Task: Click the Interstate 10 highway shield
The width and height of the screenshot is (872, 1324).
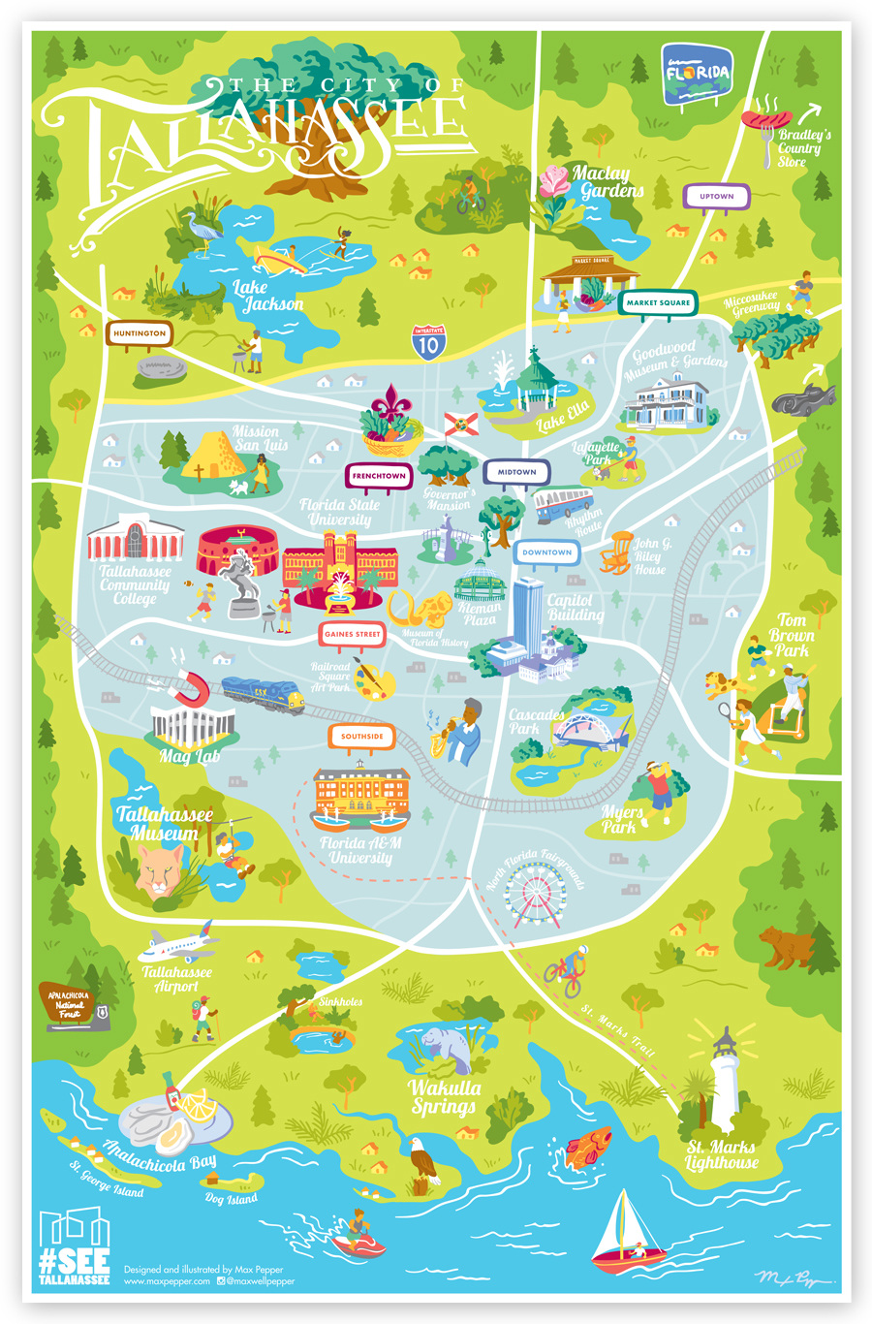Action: coord(428,342)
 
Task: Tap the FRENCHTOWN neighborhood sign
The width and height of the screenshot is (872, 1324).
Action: coord(379,476)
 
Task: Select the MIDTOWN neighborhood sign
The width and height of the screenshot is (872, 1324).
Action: coord(516,472)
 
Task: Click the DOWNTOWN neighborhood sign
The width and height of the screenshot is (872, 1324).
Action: coord(546,552)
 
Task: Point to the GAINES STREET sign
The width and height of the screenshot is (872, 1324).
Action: coord(352,634)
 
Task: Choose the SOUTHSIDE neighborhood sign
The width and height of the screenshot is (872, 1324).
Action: coord(361,737)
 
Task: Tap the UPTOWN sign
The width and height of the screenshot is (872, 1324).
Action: coord(716,197)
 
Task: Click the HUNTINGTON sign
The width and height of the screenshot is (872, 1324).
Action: coord(140,333)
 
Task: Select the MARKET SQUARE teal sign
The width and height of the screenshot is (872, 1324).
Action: coord(658,302)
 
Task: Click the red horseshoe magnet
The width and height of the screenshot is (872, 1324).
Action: coord(188,689)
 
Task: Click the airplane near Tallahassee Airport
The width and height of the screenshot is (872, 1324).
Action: coord(177,945)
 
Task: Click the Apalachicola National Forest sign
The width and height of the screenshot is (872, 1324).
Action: coord(74,1005)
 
